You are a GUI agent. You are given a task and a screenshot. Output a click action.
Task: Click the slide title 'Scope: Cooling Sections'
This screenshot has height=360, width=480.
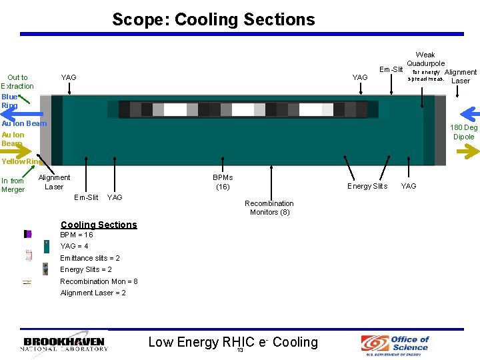(x=213, y=19)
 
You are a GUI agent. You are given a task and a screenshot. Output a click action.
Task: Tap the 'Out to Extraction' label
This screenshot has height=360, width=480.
(x=17, y=81)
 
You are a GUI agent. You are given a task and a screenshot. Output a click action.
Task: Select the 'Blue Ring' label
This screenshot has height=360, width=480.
(x=9, y=101)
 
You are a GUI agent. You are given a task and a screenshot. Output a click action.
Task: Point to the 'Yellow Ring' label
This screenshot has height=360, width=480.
(x=23, y=161)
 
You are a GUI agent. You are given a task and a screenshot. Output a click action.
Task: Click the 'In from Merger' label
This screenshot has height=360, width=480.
(x=13, y=185)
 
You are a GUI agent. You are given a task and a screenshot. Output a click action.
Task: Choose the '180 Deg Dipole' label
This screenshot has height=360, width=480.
(x=463, y=132)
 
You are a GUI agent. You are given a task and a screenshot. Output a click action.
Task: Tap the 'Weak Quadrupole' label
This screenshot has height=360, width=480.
(x=425, y=59)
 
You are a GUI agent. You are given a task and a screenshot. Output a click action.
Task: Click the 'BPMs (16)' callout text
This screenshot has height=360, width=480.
(x=223, y=182)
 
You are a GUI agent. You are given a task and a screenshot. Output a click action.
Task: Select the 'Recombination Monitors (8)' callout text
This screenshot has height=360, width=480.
(x=269, y=207)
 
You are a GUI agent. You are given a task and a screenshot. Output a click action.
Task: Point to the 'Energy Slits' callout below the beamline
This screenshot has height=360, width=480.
(x=367, y=186)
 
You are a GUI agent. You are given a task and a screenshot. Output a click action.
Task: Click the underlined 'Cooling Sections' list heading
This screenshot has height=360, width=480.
(x=99, y=225)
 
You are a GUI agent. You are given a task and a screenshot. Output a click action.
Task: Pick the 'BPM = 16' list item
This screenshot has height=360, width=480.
(x=77, y=235)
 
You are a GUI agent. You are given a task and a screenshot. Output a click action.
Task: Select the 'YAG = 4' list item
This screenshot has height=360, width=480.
(x=74, y=246)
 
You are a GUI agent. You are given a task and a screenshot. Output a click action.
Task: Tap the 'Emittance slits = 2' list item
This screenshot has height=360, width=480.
(x=90, y=258)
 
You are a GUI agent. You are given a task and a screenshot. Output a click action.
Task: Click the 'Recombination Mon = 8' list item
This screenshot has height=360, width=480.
(x=99, y=281)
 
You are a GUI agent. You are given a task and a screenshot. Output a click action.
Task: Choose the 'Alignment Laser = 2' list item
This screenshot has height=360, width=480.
(x=93, y=293)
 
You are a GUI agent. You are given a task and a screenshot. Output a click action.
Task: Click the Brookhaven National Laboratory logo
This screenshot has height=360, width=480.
(x=64, y=344)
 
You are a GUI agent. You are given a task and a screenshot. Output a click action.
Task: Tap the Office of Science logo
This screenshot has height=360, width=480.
(x=395, y=344)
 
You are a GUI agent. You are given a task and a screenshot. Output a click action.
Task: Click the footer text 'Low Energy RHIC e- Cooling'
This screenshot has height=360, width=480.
(x=233, y=342)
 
